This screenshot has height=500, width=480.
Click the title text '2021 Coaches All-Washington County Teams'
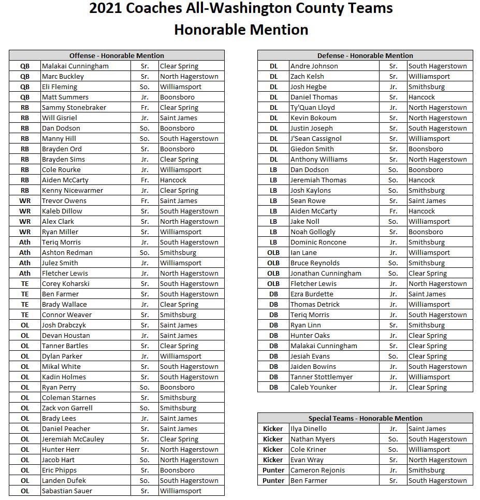pyautogui.click(x=241, y=9)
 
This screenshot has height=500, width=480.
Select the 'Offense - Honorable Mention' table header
pyautogui.click(x=117, y=55)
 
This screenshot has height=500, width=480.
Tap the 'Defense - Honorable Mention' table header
pyautogui.click(x=365, y=55)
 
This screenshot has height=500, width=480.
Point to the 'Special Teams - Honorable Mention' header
pyautogui.click(x=365, y=418)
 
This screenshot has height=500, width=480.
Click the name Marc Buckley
pyautogui.click(x=63, y=76)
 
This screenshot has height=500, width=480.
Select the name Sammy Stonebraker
pyautogui.click(x=74, y=107)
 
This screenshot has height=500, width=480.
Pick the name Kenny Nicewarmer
pyautogui.click(x=72, y=190)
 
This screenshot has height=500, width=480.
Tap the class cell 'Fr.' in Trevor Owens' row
pyautogui.click(x=144, y=201)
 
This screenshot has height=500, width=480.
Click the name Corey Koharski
pyautogui.click(x=65, y=283)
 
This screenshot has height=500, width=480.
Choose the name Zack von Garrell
pyautogui.click(x=67, y=408)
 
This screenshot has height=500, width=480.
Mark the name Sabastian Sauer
pyautogui.click(x=67, y=491)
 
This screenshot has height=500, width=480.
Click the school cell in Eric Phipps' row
pyautogui.click(x=177, y=470)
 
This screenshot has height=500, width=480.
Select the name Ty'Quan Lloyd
pyautogui.click(x=312, y=107)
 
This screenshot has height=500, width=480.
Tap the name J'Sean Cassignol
pyautogui.click(x=316, y=138)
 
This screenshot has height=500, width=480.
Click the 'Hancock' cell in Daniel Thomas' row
pyautogui.click(x=421, y=97)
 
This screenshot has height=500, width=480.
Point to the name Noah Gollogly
pyautogui.click(x=313, y=232)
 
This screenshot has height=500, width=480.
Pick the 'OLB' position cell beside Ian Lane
pyautogui.click(x=273, y=252)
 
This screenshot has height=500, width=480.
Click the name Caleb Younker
pyautogui.click(x=313, y=387)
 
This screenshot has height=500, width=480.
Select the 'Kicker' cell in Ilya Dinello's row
pyautogui.click(x=273, y=428)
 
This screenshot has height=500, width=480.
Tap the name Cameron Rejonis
pyautogui.click(x=317, y=470)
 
